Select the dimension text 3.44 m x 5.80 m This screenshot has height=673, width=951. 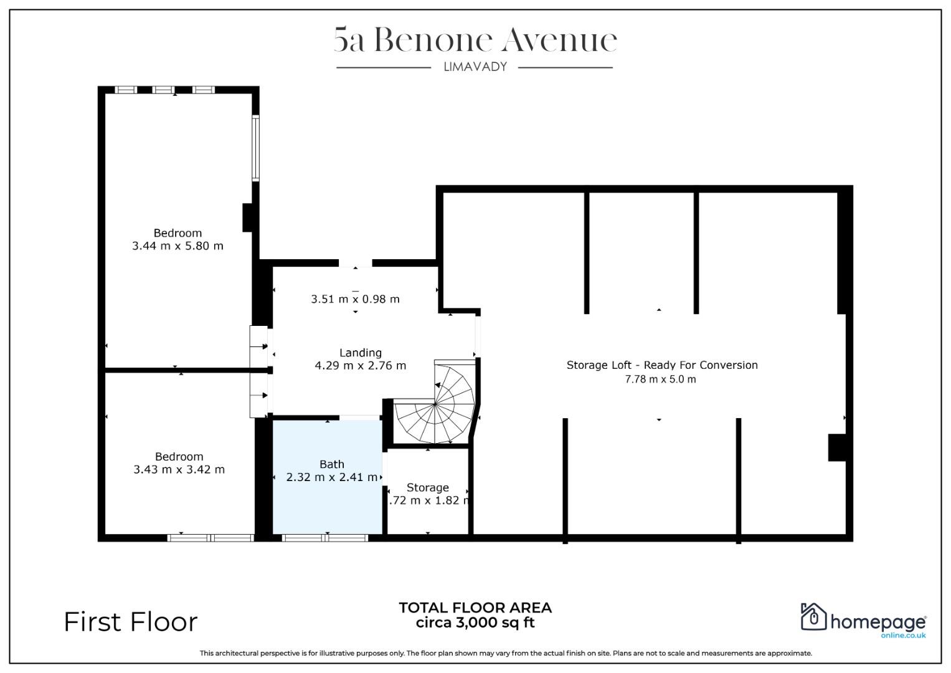coord(177,246)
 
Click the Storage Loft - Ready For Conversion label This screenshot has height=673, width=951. coord(662,365)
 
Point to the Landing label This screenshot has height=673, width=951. coord(361,353)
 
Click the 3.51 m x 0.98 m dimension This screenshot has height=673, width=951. coord(356,299)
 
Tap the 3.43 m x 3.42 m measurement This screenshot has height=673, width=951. coord(179,469)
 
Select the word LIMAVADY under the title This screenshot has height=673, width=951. coord(475,67)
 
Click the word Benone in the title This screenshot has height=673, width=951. coord(433,40)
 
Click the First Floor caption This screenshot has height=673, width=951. coord(131,622)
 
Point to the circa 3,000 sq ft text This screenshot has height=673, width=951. coord(475,623)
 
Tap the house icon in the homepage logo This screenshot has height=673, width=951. coord(813,616)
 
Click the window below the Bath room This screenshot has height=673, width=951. coord(324,538)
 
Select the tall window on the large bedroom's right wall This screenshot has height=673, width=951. coord(255,148)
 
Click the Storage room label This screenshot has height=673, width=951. coord(427,487)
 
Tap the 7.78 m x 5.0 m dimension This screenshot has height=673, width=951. coord(660,379)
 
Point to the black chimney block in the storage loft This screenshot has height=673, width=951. coord(837,447)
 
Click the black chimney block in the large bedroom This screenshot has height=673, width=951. coord(247,217)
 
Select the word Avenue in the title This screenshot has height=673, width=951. coord(559,40)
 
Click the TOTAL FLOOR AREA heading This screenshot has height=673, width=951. coord(475,608)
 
